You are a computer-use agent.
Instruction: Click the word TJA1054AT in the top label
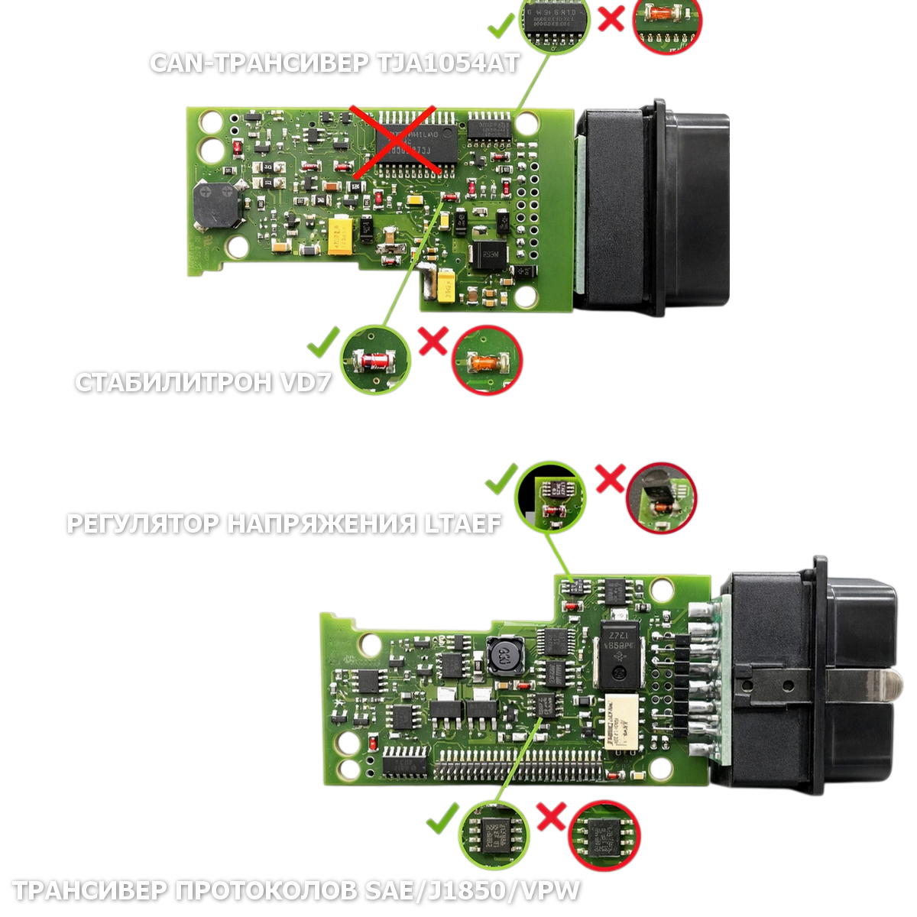pyautogui.click(x=448, y=63)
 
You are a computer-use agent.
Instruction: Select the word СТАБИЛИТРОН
pyautogui.click(x=173, y=382)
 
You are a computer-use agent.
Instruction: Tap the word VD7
pyautogui.click(x=306, y=382)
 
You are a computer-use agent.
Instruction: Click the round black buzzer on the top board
pyautogui.click(x=215, y=204)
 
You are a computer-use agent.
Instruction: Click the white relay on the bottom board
pyautogui.click(x=621, y=721)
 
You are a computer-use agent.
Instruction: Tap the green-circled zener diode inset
pyautogui.click(x=375, y=359)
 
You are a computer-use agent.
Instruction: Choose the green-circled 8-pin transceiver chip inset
pyautogui.click(x=494, y=834)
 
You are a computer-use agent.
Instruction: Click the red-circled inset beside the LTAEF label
pyautogui.click(x=661, y=497)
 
